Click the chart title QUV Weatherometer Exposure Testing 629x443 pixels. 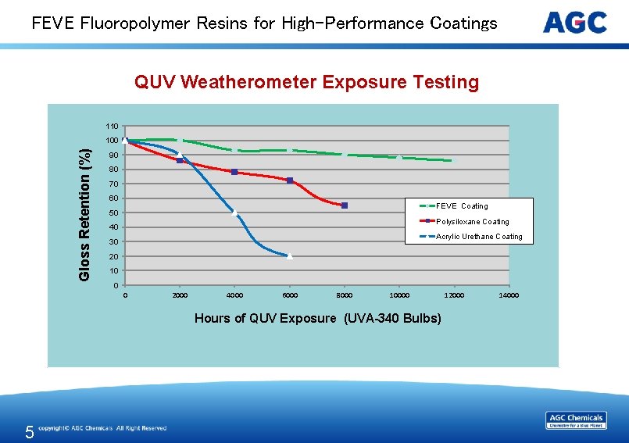click(306, 82)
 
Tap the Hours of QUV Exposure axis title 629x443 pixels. click(317, 318)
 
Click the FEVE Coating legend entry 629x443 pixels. click(461, 206)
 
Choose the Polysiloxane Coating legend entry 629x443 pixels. click(472, 222)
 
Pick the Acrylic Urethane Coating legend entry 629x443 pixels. click(479, 237)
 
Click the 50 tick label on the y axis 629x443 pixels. click(114, 213)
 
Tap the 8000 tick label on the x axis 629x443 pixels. click(344, 295)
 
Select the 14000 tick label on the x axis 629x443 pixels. click(509, 295)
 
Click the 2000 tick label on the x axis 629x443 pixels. click(180, 295)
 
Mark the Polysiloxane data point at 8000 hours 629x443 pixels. click(345, 205)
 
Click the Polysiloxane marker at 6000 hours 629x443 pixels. click(290, 180)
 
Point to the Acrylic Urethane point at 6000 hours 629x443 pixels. click(289, 256)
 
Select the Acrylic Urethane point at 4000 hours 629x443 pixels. click(234, 213)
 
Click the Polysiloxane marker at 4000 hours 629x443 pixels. click(234, 172)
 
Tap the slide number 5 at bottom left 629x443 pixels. click(29, 432)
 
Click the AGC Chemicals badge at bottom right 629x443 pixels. click(576, 420)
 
